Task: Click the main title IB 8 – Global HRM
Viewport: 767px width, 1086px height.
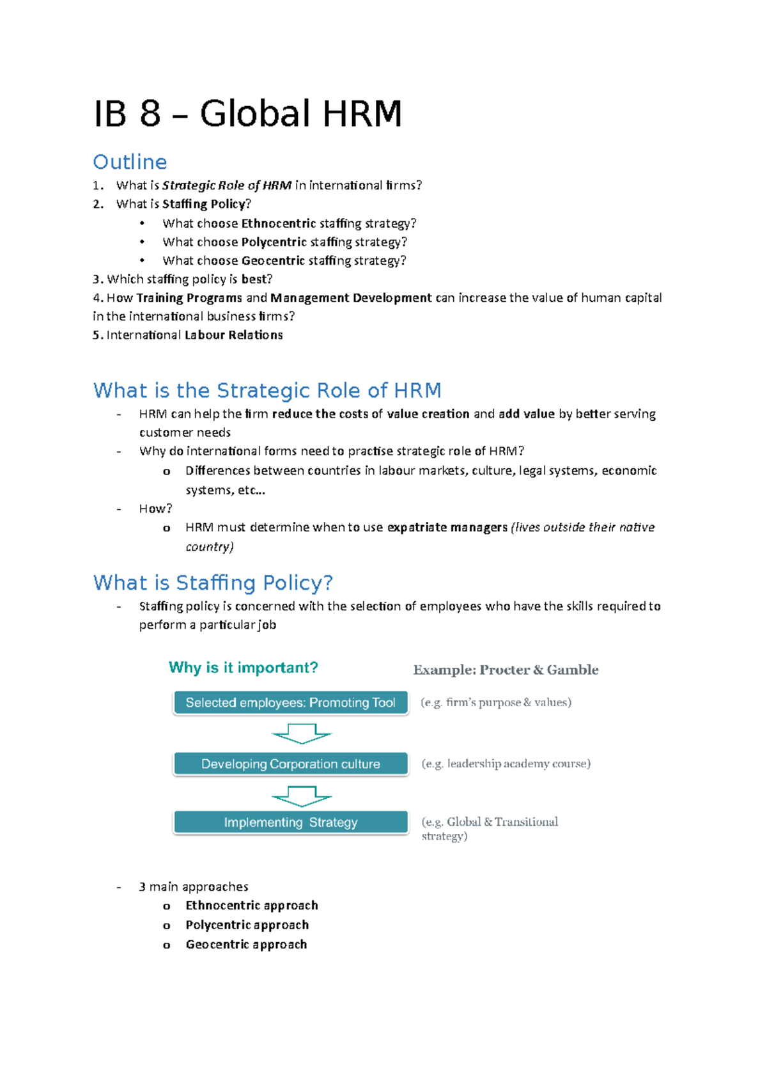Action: point(247,114)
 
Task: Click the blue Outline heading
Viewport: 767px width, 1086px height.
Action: point(130,162)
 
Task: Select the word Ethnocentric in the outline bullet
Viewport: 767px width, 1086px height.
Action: point(279,223)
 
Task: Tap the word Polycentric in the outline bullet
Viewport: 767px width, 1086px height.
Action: point(274,242)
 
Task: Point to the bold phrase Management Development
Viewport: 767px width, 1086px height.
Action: point(351,297)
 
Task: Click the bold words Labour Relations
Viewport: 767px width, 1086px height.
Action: point(233,334)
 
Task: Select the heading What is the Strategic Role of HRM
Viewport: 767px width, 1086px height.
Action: point(267,390)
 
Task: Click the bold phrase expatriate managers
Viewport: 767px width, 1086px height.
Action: point(447,527)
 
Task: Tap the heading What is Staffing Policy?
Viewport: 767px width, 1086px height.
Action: point(213,583)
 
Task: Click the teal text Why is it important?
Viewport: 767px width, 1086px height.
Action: point(243,668)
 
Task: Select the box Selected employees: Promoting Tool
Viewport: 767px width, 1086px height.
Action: point(290,702)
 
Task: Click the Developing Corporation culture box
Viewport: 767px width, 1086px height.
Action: point(290,764)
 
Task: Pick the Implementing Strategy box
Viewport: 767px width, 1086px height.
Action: point(290,822)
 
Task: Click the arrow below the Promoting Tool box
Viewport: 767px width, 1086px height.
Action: point(301,733)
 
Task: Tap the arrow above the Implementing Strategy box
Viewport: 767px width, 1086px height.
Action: point(301,796)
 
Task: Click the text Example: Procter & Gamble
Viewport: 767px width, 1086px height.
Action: point(506,670)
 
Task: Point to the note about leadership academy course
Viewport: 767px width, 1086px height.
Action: point(506,763)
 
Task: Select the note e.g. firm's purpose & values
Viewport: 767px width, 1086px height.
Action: point(495,702)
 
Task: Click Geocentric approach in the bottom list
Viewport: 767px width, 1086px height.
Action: point(246,944)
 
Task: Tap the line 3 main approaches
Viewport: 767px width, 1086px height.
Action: point(193,886)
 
